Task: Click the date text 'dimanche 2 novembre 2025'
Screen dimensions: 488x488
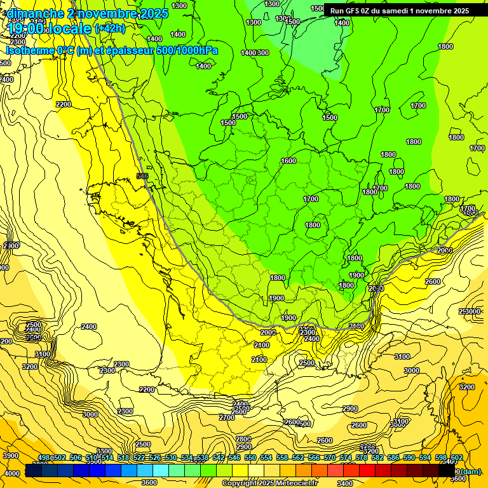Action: pyautogui.click(x=87, y=13)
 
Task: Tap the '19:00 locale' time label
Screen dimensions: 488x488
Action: pyautogui.click(x=50, y=29)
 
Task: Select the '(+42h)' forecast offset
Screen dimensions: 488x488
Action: pyautogui.click(x=110, y=29)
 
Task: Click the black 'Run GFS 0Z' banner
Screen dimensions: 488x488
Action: pyautogui.click(x=399, y=11)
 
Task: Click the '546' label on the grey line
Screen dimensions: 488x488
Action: pyautogui.click(x=142, y=176)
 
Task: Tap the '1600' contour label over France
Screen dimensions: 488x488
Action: pyautogui.click(x=288, y=161)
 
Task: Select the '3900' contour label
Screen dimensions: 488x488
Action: pyautogui.click(x=11, y=456)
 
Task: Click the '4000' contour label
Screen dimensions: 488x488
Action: pyautogui.click(x=12, y=473)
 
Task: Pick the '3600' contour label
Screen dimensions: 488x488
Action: pyautogui.click(x=149, y=482)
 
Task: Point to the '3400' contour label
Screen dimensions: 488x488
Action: pyautogui.click(x=346, y=483)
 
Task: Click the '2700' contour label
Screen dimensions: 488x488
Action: pyautogui.click(x=227, y=417)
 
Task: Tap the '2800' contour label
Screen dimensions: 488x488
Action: pyautogui.click(x=243, y=439)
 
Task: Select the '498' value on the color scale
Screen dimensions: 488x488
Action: pyautogui.click(x=44, y=458)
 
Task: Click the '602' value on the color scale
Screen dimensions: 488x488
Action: pyautogui.click(x=456, y=458)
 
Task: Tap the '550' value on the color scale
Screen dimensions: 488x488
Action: pyautogui.click(x=250, y=458)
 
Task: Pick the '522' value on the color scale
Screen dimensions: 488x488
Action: pyautogui.click(x=139, y=458)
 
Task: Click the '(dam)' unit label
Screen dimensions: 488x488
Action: pyautogui.click(x=470, y=471)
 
